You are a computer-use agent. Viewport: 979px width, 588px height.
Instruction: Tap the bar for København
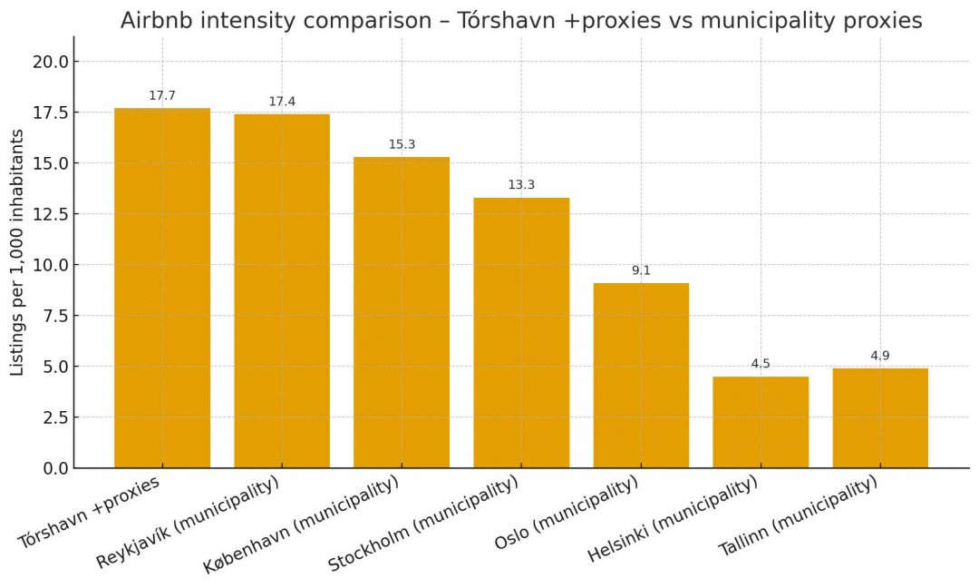[x=402, y=312]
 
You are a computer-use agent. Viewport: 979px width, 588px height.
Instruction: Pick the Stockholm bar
[x=521, y=332]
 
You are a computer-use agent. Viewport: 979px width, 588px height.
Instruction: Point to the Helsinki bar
[x=761, y=422]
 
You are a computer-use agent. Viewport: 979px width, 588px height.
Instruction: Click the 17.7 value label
[x=162, y=95]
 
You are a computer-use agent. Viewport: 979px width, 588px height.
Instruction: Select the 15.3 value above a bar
[x=402, y=144]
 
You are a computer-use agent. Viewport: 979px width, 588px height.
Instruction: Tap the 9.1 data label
[x=641, y=270]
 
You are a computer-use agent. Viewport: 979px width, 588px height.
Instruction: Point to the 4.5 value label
[x=761, y=364]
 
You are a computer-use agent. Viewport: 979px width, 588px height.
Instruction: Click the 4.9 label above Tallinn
[x=880, y=356]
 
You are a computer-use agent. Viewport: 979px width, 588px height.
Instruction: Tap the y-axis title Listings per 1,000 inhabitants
[x=17, y=252]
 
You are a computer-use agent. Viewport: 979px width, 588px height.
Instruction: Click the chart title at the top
[x=521, y=21]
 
